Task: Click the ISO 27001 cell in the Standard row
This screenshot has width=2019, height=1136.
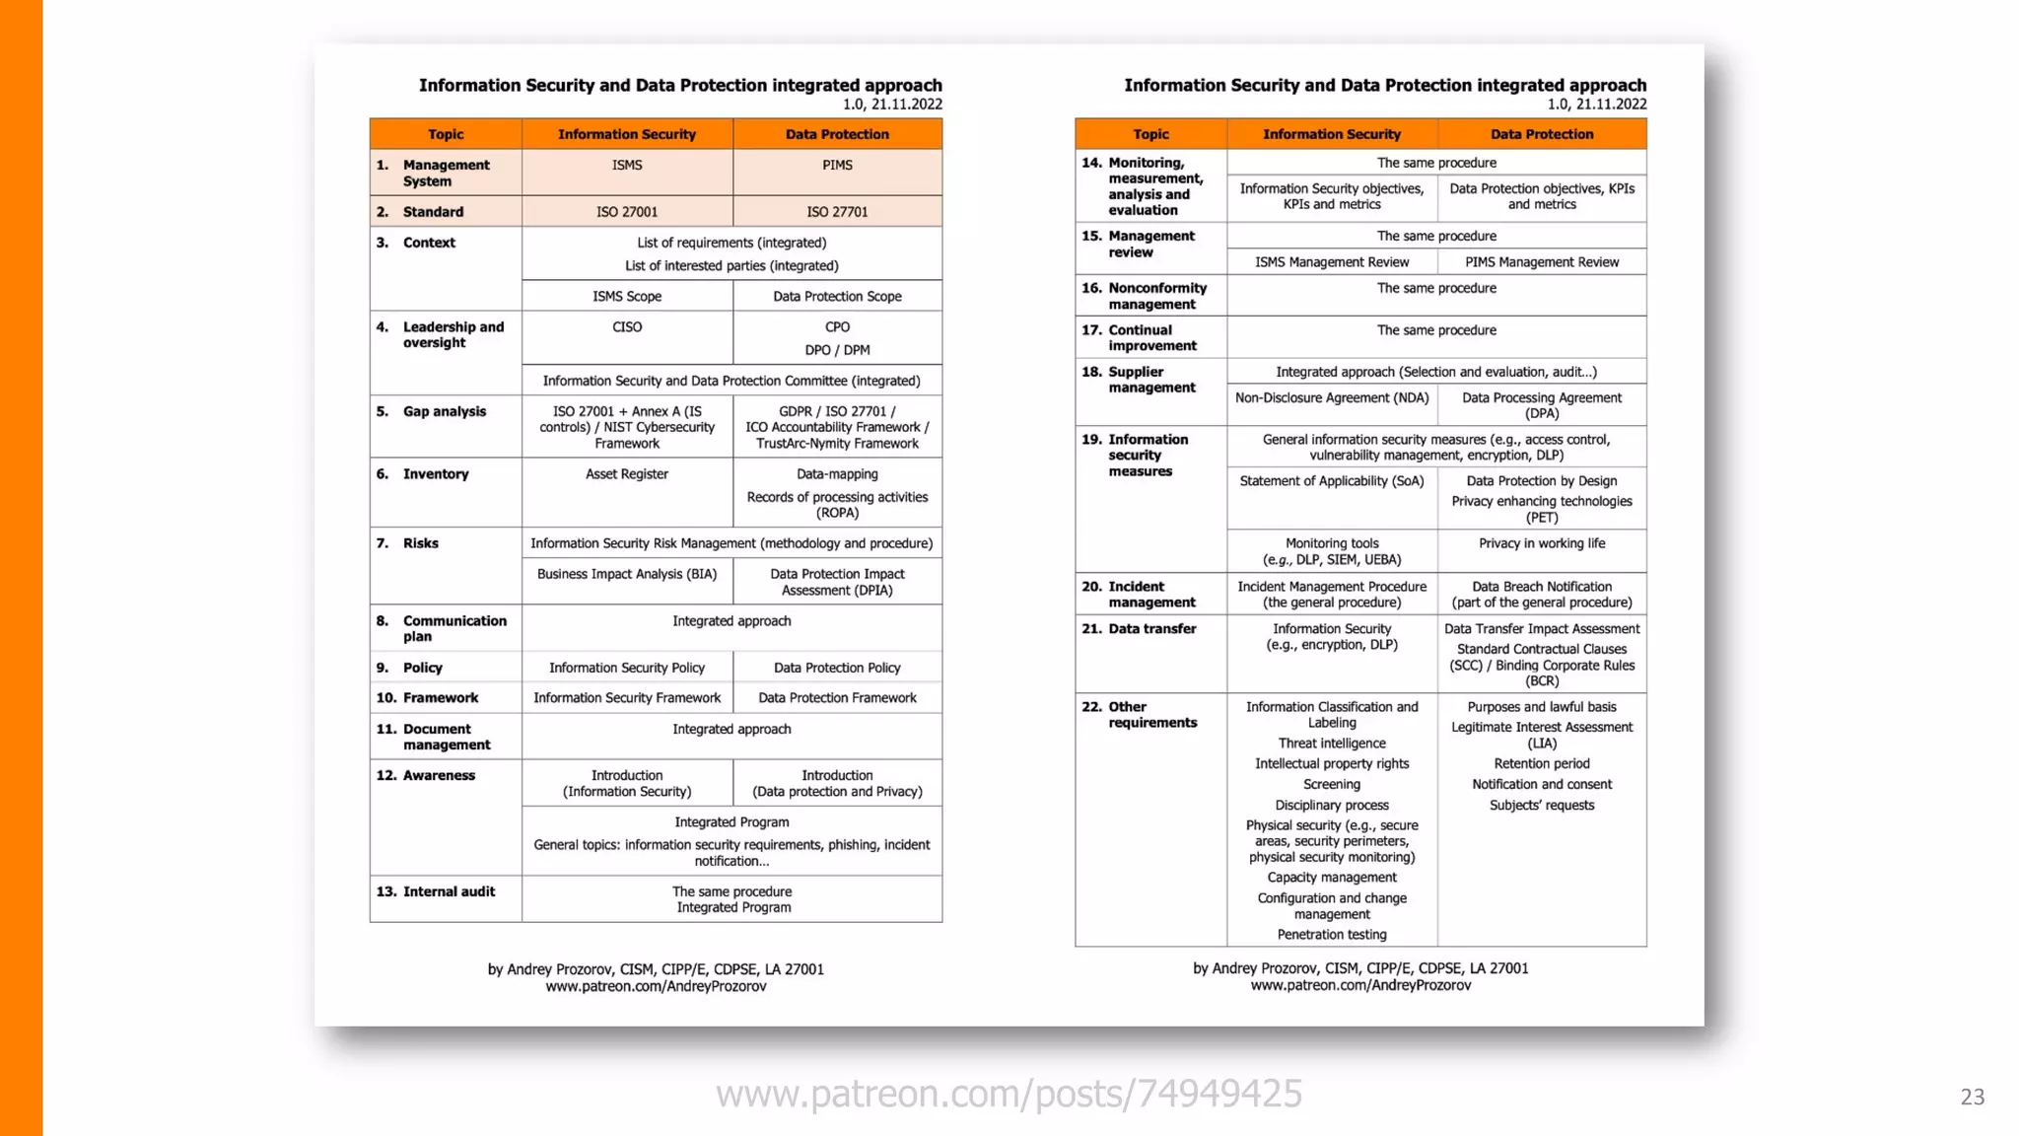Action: click(627, 212)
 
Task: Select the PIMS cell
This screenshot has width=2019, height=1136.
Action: click(837, 166)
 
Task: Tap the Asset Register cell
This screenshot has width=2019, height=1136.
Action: click(627, 474)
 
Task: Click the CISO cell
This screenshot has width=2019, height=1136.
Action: click(627, 327)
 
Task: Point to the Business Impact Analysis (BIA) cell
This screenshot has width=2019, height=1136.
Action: click(627, 574)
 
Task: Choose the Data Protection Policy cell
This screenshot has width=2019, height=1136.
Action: click(837, 668)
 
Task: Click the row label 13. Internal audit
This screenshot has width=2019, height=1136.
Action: click(436, 891)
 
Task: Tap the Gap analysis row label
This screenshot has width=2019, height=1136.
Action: click(444, 411)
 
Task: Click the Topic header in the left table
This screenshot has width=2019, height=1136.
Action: click(446, 134)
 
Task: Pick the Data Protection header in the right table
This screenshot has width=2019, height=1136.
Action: click(1542, 134)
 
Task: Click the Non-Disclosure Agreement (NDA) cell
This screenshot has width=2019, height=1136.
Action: click(1332, 397)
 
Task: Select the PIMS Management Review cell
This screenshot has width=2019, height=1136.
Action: click(1542, 262)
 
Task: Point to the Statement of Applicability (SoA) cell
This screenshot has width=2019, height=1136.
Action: click(1332, 481)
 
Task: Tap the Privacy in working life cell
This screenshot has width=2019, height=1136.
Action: click(1542, 543)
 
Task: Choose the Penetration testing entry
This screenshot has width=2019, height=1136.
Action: click(1332, 935)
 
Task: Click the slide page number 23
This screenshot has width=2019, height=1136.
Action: click(1972, 1097)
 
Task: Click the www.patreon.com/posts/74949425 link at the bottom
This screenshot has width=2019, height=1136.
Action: click(1009, 1094)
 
